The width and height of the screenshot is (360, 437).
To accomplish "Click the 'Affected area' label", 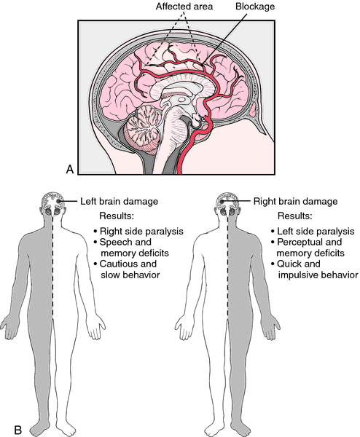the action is point(184,7).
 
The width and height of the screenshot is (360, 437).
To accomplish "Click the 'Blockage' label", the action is point(255,7).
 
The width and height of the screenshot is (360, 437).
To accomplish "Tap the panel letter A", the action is point(70,169).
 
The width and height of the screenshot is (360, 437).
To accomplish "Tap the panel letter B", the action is point(17,430).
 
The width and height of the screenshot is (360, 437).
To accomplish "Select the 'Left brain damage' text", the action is point(119,201).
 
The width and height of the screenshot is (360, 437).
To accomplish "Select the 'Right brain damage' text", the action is point(295,201).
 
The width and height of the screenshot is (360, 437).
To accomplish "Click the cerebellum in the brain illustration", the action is point(143,129).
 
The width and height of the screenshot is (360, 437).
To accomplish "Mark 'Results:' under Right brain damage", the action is point(294,216).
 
